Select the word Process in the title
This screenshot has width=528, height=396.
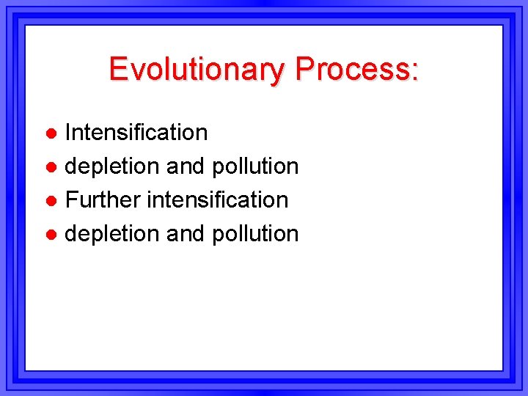[x=353, y=70]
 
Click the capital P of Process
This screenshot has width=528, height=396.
[x=304, y=69]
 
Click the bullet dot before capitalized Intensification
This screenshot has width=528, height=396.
[x=51, y=133]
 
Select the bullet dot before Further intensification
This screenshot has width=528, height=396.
[x=51, y=201]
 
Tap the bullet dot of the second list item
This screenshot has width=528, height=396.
[x=51, y=167]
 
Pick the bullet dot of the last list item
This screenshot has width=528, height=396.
[x=51, y=235]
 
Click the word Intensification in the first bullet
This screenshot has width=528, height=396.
[x=136, y=133]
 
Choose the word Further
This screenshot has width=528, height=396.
[x=103, y=199]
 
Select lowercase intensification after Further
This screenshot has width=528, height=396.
[x=217, y=199]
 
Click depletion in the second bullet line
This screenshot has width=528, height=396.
[x=112, y=167]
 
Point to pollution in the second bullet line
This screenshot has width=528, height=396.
[x=255, y=167]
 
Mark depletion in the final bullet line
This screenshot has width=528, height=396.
[x=112, y=235]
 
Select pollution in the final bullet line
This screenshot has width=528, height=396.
[x=255, y=235]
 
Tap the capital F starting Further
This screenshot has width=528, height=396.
[x=72, y=199]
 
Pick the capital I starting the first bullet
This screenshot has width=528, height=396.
[x=68, y=133]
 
